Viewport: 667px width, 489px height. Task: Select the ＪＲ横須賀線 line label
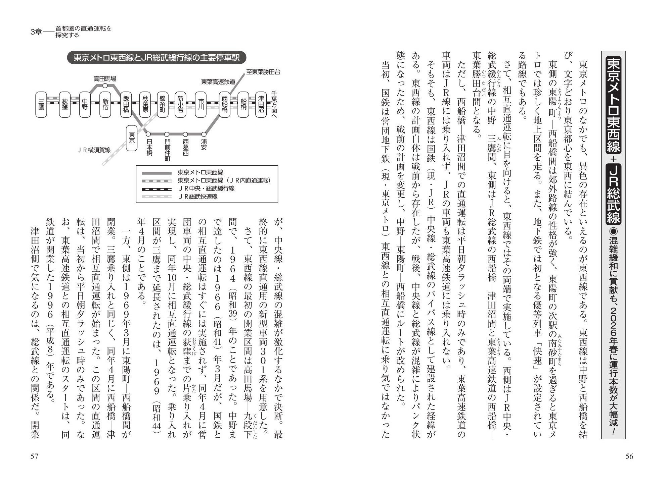pos(94,150)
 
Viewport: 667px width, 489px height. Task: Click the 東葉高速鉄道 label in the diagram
pos(218,81)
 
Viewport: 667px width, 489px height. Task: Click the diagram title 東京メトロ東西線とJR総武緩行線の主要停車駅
pos(157,58)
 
